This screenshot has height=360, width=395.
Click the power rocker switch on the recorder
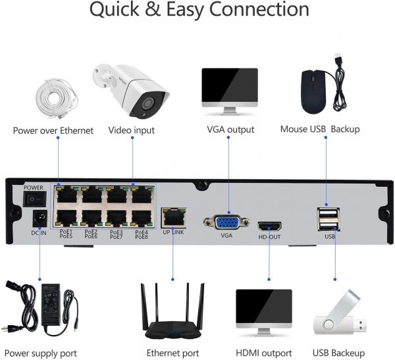[35, 199]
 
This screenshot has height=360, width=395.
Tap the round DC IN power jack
[40, 217]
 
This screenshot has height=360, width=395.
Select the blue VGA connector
[227, 222]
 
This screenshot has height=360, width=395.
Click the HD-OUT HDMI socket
[269, 226]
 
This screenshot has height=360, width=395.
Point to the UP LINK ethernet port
[174, 217]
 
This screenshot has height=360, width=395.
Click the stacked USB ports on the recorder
[329, 219]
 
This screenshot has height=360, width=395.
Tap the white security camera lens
[148, 103]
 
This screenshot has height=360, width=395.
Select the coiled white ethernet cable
[57, 99]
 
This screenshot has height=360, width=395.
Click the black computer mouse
[314, 91]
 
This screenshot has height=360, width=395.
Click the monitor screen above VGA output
[230, 85]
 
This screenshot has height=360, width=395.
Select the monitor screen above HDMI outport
[264, 307]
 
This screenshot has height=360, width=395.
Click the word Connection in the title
[259, 10]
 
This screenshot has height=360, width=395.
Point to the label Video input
[132, 130]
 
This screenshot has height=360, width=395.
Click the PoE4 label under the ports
[142, 232]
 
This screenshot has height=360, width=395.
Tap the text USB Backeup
[338, 353]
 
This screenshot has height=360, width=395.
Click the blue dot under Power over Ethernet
[58, 138]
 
